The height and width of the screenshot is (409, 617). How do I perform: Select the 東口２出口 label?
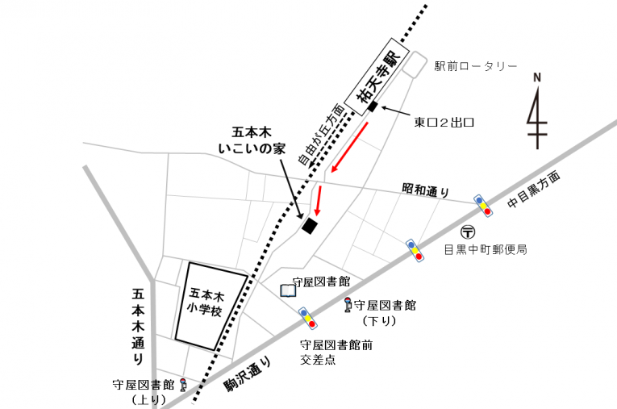tap(444, 123)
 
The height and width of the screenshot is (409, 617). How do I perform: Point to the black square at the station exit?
tap(373, 106)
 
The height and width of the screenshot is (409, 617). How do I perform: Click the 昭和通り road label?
tap(425, 190)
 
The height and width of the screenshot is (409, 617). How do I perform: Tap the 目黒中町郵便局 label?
tap(486, 250)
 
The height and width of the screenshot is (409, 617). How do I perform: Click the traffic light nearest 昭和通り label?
tap(482, 207)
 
